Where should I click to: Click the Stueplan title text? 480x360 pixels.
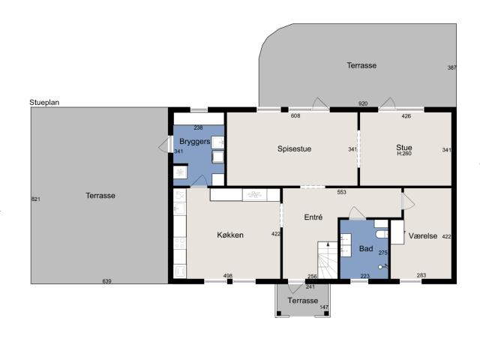tap(44, 103)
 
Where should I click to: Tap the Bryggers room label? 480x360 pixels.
tap(195, 142)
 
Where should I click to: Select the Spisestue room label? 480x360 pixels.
tap(294, 148)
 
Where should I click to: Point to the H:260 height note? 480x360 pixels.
tap(404, 154)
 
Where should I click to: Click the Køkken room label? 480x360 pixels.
tap(230, 235)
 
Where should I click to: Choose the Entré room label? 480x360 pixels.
tap(313, 217)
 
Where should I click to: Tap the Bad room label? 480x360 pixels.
tap(366, 248)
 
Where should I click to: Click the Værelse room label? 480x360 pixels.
tap(423, 236)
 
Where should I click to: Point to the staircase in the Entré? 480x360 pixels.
tap(328, 260)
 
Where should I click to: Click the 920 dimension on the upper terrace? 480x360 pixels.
tap(363, 103)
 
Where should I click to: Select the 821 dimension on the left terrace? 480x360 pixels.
tap(36, 199)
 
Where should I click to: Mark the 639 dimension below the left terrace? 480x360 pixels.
tap(106, 281)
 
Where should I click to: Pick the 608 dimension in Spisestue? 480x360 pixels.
tap(295, 115)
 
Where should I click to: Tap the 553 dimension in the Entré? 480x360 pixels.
tap(342, 192)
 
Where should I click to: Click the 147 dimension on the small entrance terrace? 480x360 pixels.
tap(324, 307)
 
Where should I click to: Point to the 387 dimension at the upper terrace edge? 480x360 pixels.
tap(451, 67)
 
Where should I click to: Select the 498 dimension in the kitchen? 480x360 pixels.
tap(228, 276)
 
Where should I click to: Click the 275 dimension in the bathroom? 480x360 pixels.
tap(383, 253)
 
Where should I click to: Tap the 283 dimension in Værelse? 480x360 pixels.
tap(421, 275)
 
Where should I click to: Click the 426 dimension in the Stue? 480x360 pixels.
tap(406, 116)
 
